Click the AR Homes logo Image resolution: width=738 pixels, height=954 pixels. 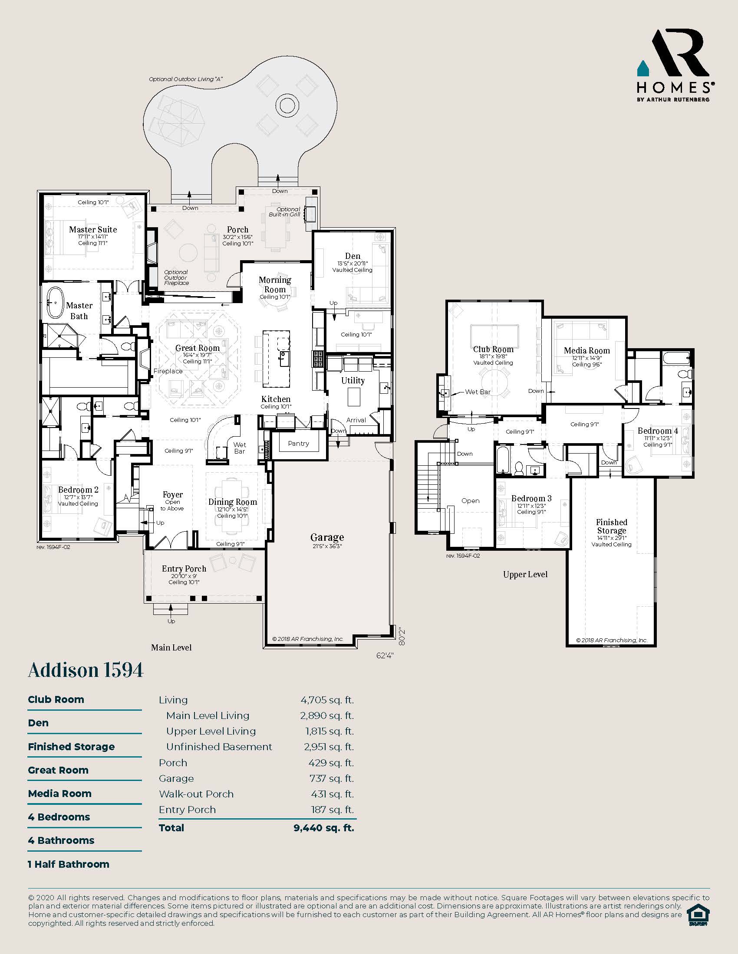pyautogui.click(x=674, y=65)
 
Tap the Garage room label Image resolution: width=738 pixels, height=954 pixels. pyautogui.click(x=327, y=537)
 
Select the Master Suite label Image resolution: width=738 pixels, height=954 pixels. pyautogui.click(x=93, y=229)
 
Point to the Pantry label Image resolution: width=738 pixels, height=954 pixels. pyautogui.click(x=299, y=443)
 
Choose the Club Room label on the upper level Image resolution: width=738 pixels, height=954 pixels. pyautogui.click(x=493, y=350)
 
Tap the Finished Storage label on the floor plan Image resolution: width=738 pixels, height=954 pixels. pyautogui.click(x=612, y=526)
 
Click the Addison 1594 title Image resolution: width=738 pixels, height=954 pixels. pyautogui.click(x=86, y=670)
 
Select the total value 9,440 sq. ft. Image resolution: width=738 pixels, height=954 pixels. pyautogui.click(x=324, y=828)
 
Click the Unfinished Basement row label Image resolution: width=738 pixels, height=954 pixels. pyautogui.click(x=219, y=747)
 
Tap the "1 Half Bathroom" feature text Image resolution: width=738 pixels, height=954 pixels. pyautogui.click(x=69, y=864)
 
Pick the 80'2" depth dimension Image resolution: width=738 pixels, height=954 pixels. pyautogui.click(x=402, y=637)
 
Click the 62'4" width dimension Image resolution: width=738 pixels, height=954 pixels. pyautogui.click(x=385, y=655)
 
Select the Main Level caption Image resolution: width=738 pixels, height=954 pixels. pyautogui.click(x=171, y=647)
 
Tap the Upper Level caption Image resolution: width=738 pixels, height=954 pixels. pyautogui.click(x=525, y=575)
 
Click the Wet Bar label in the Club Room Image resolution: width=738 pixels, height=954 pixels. pyautogui.click(x=478, y=392)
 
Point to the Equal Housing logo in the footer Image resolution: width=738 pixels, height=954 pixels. pyautogui.click(x=698, y=915)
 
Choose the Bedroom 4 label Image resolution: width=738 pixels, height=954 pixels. pyautogui.click(x=658, y=431)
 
